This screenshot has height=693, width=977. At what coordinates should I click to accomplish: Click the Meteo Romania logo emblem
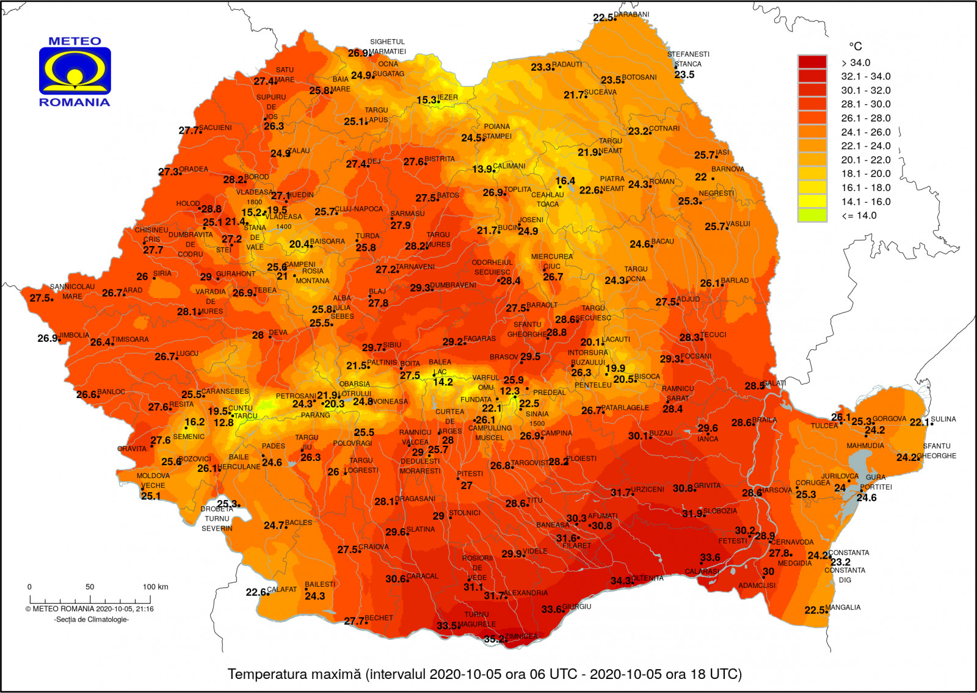coord(75,71)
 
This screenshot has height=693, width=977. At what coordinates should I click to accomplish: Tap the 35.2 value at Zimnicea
coord(494,639)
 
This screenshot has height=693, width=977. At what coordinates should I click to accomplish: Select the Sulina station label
coord(943,419)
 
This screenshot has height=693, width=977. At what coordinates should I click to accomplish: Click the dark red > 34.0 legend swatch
coord(812,62)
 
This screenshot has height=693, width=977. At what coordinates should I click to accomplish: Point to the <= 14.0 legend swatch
coord(812,215)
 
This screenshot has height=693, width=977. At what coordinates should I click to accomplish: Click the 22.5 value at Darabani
coord(603,18)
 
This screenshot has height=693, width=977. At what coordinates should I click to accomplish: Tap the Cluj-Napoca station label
coord(359,209)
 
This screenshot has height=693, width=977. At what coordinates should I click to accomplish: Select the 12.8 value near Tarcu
coord(223,423)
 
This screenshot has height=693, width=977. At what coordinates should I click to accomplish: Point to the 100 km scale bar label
coord(155,587)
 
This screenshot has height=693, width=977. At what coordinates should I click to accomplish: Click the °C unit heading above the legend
coord(855,46)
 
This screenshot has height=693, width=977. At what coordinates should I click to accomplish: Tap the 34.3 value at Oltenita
coord(621,581)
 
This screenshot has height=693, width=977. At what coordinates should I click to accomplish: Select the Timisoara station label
coord(130,339)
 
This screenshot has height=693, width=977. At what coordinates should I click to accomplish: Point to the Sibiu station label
coord(392,345)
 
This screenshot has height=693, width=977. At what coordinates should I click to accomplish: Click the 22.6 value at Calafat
coord(256,592)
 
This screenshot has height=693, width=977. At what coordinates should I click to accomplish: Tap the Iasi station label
coord(722,152)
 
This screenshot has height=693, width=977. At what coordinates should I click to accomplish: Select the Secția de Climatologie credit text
coord(92,619)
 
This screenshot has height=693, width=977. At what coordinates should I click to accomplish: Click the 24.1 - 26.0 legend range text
coord(865,132)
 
